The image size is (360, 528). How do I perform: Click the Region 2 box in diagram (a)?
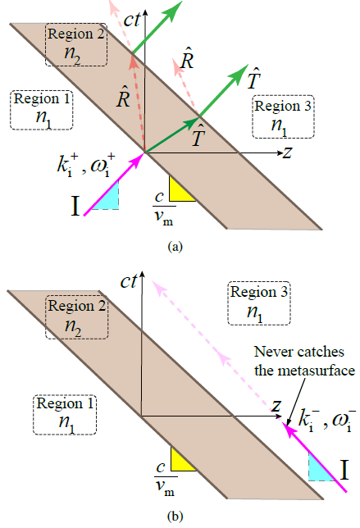pyautogui.click(x=76, y=44)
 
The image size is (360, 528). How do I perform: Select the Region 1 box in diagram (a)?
pyautogui.click(x=41, y=110)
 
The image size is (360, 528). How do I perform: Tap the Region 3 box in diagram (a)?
pyautogui.click(x=284, y=116)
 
